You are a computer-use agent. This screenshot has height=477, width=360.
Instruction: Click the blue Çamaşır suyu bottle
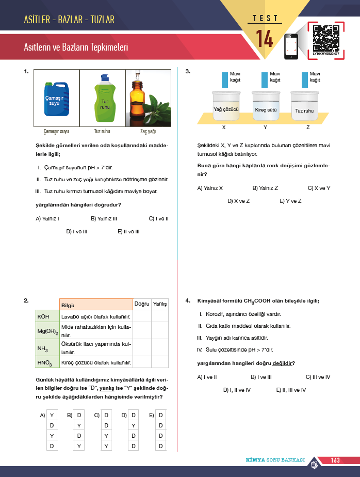click(x=57, y=99)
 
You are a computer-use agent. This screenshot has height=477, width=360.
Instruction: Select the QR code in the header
click(x=326, y=39)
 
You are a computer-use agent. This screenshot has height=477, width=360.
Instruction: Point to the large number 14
click(x=264, y=39)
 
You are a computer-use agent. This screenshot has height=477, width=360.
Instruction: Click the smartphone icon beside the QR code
click(x=291, y=46)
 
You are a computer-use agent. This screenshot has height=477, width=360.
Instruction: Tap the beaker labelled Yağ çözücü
click(x=226, y=105)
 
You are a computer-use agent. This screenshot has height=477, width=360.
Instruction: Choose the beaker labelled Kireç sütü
click(x=266, y=105)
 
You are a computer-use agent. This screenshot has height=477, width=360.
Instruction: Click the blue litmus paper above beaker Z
click(x=305, y=79)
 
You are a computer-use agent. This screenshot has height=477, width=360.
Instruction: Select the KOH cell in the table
click(x=47, y=316)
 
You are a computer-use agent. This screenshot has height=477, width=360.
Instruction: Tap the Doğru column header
click(x=142, y=304)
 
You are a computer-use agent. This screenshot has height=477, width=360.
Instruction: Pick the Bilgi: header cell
click(x=96, y=305)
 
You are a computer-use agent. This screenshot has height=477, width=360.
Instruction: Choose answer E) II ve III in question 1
click(x=128, y=231)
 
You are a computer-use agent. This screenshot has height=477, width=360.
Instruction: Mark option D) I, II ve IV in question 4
click(x=237, y=390)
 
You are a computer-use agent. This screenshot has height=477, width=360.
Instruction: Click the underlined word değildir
click(x=282, y=363)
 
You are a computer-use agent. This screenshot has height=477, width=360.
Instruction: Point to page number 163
click(x=335, y=460)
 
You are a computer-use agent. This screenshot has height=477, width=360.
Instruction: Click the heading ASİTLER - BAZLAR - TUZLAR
click(x=69, y=20)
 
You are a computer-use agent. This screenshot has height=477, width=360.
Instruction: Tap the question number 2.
click(x=26, y=300)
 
